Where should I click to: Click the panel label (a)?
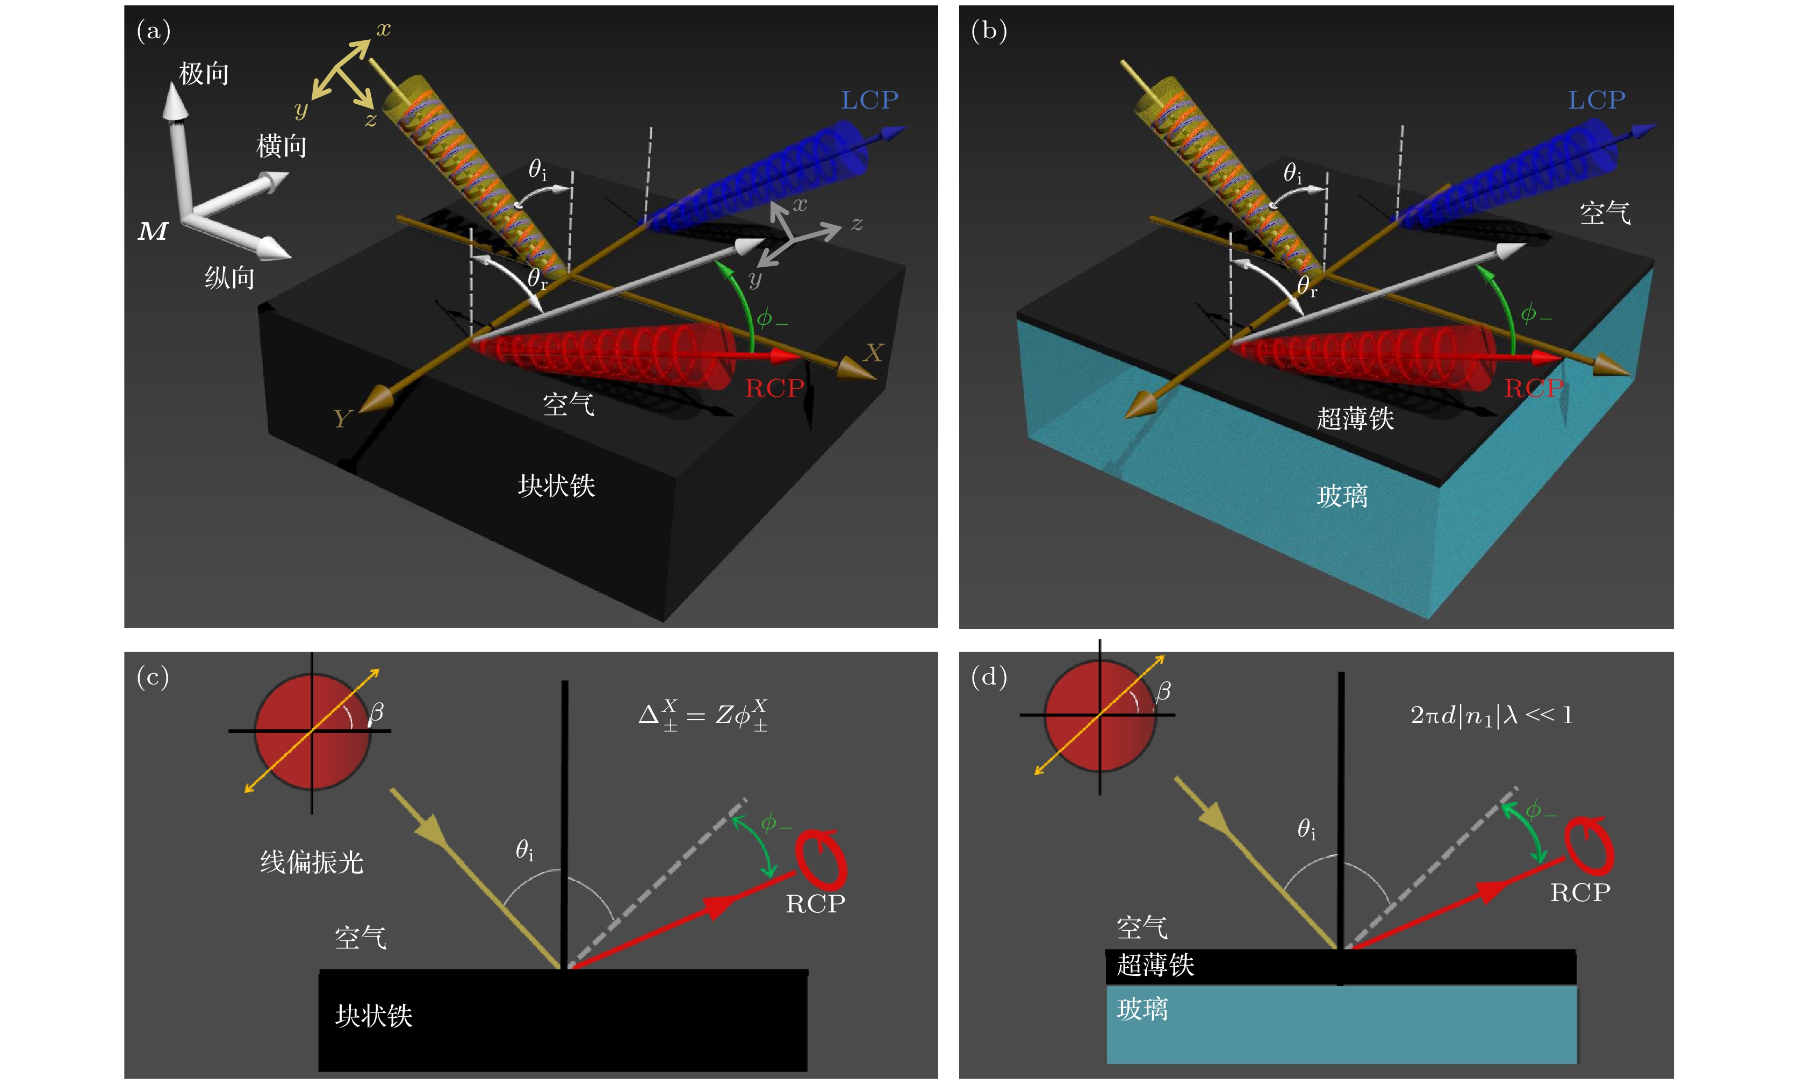(153, 31)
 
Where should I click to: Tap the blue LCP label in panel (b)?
(1596, 100)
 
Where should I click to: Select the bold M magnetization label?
(153, 231)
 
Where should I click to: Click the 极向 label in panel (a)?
(204, 74)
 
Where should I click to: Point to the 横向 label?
(281, 146)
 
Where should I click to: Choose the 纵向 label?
(229, 277)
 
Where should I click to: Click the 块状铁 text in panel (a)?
(556, 486)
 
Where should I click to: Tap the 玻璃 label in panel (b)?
(1341, 496)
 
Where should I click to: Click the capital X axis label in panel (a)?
(873, 353)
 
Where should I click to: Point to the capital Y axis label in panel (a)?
(342, 418)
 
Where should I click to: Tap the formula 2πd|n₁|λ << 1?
(1491, 715)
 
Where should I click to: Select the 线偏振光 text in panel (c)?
(312, 862)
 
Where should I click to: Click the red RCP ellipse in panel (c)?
(821, 859)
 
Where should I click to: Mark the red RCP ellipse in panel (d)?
(1588, 846)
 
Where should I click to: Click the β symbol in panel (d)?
(1163, 691)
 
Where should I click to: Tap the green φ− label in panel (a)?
(771, 318)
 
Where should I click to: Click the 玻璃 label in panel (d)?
(1142, 1009)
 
